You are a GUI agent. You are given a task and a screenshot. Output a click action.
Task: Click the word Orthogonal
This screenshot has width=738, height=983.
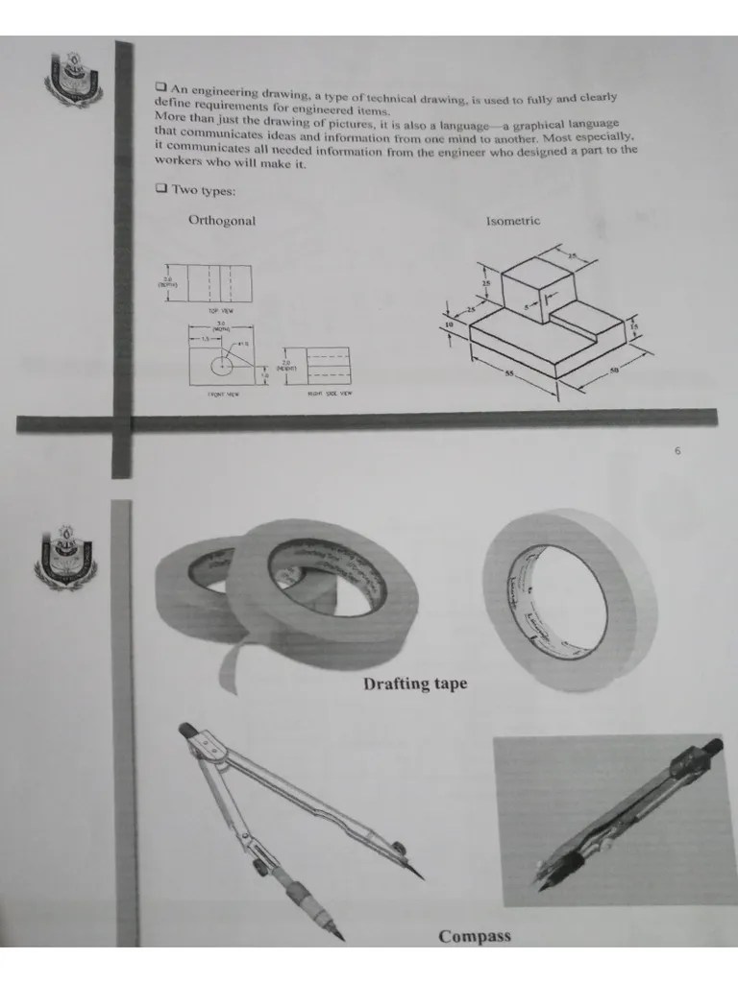[222, 221]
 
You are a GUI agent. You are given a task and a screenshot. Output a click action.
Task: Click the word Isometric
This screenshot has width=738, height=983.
[512, 221]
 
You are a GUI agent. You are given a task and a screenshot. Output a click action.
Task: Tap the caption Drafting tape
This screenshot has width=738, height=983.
[415, 684]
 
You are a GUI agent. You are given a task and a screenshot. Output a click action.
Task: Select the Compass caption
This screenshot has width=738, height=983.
[475, 936]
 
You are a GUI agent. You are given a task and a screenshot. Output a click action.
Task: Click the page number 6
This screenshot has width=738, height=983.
[676, 451]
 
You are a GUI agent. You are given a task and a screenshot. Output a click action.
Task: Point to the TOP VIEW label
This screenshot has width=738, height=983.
[219, 311]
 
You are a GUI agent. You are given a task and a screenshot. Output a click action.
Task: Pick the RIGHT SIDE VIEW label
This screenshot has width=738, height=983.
[329, 393]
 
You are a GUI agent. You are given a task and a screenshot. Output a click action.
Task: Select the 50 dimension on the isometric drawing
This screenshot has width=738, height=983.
[615, 372]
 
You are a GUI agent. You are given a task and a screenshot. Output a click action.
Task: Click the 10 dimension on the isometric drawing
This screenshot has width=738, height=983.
[451, 325]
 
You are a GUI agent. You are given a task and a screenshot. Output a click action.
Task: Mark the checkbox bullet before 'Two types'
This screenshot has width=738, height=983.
[160, 189]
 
